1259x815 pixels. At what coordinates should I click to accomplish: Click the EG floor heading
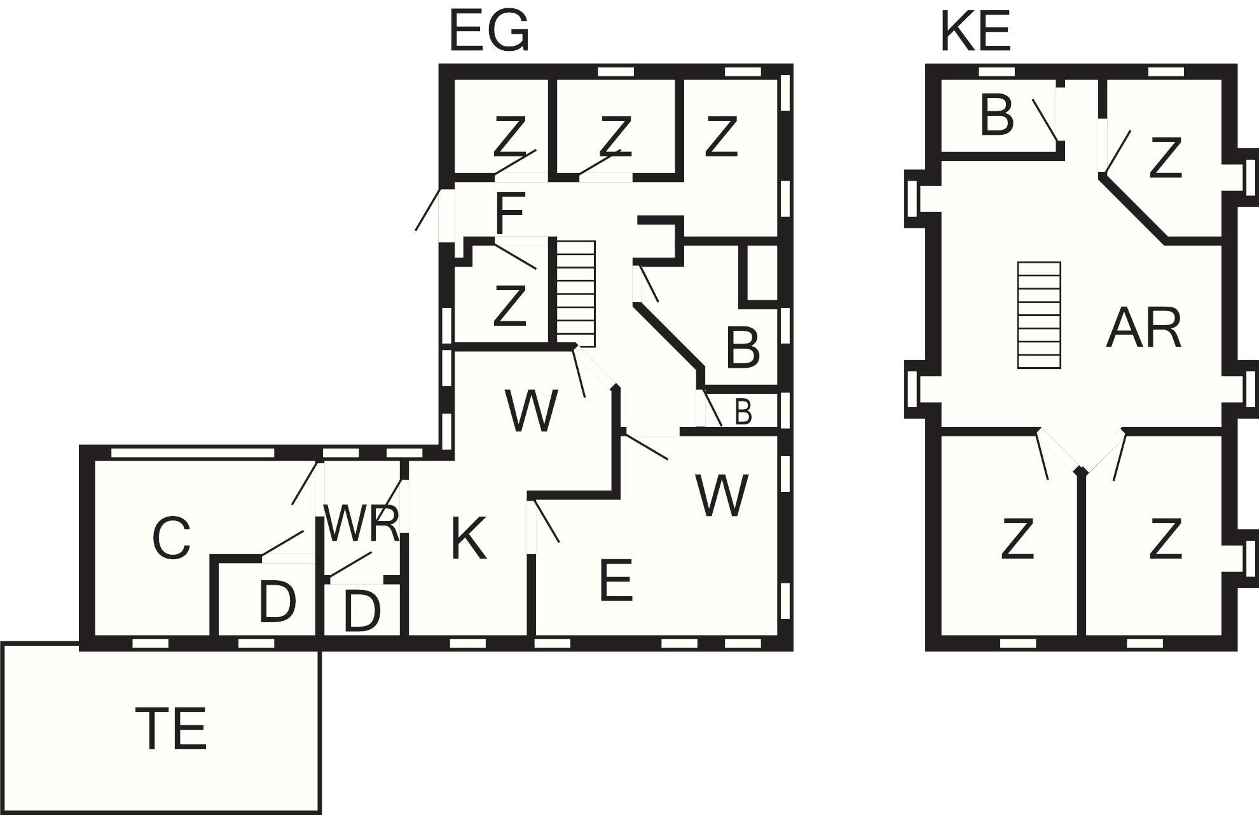[488, 32]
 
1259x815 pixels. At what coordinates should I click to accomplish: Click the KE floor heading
[975, 32]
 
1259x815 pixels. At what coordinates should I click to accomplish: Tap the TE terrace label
[172, 728]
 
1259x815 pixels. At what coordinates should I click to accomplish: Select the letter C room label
[172, 539]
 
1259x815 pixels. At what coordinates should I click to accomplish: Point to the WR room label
[361, 524]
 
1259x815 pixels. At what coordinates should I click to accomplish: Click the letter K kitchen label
[469, 539]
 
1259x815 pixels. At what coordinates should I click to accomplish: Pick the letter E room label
[616, 580]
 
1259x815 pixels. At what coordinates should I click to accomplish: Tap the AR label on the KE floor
[1143, 328]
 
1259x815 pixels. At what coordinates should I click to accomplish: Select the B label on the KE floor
[996, 116]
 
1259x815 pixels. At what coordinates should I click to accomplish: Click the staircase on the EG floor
[576, 293]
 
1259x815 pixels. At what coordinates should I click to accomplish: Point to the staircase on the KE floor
[1039, 315]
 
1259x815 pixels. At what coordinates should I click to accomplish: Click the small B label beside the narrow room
[743, 412]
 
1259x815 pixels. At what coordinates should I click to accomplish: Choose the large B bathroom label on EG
[743, 348]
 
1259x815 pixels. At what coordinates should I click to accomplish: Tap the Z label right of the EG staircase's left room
[509, 305]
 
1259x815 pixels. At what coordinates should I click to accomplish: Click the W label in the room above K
[532, 411]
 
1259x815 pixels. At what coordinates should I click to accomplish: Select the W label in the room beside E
[722, 496]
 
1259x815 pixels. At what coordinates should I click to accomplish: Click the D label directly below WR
[362, 611]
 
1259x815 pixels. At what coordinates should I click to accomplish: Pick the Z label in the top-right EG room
[720, 136]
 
